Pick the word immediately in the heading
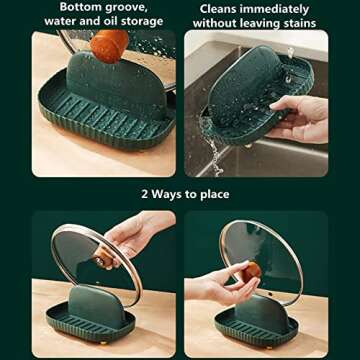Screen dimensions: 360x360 point(281,8)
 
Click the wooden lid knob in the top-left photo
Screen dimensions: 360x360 point(109,45)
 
